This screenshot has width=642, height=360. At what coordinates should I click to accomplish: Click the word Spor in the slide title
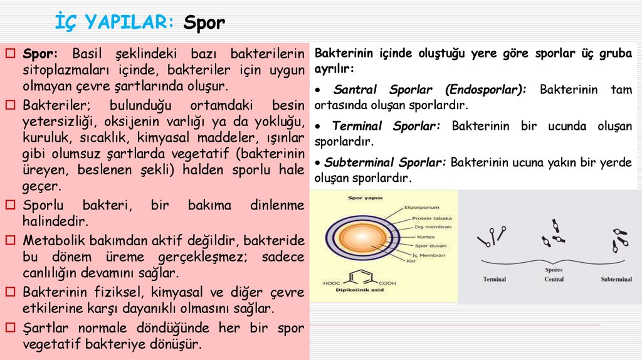pyautogui.click(x=204, y=23)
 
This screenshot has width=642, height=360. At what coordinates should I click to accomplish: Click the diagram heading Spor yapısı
pyautogui.click(x=366, y=198)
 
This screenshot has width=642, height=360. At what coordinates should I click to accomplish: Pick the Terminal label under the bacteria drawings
pyautogui.click(x=494, y=279)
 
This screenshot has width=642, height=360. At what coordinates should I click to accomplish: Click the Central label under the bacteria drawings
pyautogui.click(x=554, y=279)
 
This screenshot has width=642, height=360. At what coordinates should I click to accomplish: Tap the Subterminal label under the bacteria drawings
pyautogui.click(x=616, y=279)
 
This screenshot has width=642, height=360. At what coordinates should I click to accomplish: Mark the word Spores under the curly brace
pyautogui.click(x=553, y=272)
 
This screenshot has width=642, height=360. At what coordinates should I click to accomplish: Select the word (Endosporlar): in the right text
pyautogui.click(x=492, y=90)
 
